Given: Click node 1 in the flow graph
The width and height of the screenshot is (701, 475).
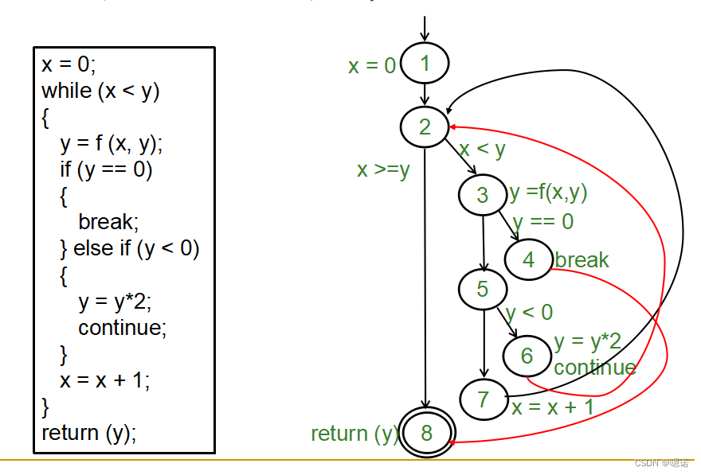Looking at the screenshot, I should [425, 64].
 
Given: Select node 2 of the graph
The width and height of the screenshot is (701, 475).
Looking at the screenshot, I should [425, 127].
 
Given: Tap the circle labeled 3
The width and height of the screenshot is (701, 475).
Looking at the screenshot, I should [483, 195].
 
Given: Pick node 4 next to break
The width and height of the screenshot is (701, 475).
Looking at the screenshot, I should [528, 259].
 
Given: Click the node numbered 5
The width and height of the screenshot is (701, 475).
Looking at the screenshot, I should [483, 289].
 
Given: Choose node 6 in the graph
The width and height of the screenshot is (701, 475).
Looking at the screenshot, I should [527, 356].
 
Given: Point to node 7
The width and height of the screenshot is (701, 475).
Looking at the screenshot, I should [484, 398].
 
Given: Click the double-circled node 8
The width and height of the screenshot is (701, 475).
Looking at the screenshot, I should [426, 433].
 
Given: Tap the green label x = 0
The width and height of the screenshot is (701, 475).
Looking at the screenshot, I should [371, 66].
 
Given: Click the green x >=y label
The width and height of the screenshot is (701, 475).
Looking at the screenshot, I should [383, 169].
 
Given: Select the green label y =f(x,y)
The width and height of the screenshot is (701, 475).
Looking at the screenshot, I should [548, 193].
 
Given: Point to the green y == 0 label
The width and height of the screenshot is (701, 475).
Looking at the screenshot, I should [543, 222].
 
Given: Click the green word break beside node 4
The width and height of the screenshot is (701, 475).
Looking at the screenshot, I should [582, 260].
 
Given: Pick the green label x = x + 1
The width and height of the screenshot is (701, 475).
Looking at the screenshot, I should [553, 407].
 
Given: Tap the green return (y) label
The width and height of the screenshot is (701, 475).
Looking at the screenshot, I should [354, 434].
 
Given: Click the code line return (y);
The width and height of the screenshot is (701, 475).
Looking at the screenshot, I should [89, 433].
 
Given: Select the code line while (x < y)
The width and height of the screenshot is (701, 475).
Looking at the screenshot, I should [100, 91].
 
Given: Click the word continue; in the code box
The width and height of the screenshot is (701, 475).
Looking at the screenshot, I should [123, 328].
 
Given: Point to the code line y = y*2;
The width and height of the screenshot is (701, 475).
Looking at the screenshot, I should [115, 302].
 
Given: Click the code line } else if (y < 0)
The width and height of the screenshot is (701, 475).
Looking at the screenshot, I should [130, 249].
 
